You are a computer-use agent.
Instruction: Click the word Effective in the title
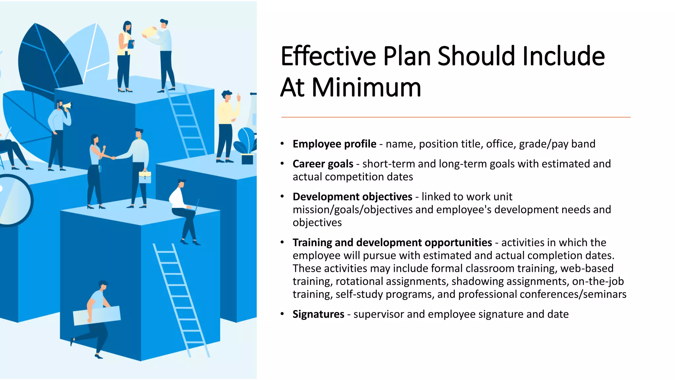pyautogui.click(x=328, y=56)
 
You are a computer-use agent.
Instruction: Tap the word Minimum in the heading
pyautogui.click(x=366, y=88)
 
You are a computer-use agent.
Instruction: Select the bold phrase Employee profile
pyautogui.click(x=334, y=144)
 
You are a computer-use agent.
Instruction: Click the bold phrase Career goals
pyautogui.click(x=323, y=164)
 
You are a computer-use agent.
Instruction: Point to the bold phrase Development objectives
pyautogui.click(x=352, y=197)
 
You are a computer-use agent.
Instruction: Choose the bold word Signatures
pyautogui.click(x=318, y=314)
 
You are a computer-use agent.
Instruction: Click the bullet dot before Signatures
pyautogui.click(x=282, y=314)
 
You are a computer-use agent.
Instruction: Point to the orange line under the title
pyautogui.click(x=455, y=117)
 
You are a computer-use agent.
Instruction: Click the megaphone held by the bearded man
pyautogui.click(x=67, y=106)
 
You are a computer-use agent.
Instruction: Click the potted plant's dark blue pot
pyautogui.click(x=247, y=159)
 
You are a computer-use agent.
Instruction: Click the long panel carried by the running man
pyautogui.click(x=97, y=315)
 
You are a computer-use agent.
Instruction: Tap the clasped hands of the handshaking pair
pyautogui.click(x=113, y=158)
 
